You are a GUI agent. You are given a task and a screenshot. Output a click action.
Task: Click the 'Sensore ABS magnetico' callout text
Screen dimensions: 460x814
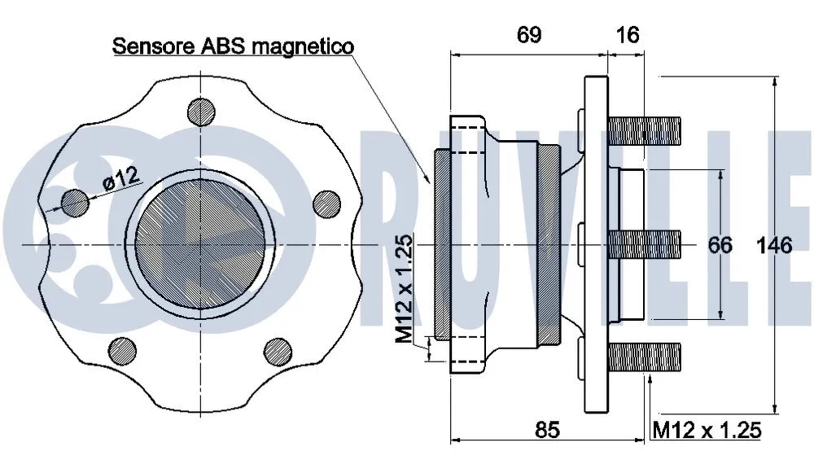(x=233, y=46)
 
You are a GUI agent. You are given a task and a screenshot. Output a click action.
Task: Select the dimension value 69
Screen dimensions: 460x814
(x=528, y=34)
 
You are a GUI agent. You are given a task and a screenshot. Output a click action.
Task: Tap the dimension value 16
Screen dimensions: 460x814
(x=628, y=34)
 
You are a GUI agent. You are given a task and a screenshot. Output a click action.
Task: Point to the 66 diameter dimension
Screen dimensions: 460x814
(x=720, y=244)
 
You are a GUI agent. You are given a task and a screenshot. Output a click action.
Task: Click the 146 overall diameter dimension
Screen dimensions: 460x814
(x=774, y=244)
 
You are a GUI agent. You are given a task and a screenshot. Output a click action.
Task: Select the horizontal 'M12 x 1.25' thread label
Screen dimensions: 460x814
(x=707, y=430)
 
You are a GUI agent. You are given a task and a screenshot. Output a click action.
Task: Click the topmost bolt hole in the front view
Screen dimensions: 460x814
(x=201, y=112)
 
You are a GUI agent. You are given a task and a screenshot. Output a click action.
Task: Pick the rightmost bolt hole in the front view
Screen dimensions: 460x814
(x=326, y=203)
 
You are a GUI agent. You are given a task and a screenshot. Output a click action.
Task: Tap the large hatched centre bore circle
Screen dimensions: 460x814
(x=200, y=244)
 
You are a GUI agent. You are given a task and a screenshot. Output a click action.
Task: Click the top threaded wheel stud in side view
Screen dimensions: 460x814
(x=643, y=129)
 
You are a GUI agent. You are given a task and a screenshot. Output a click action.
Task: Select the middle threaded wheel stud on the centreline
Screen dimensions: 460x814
(x=643, y=243)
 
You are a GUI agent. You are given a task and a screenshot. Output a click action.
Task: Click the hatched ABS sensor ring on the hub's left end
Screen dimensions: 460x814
(x=440, y=244)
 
